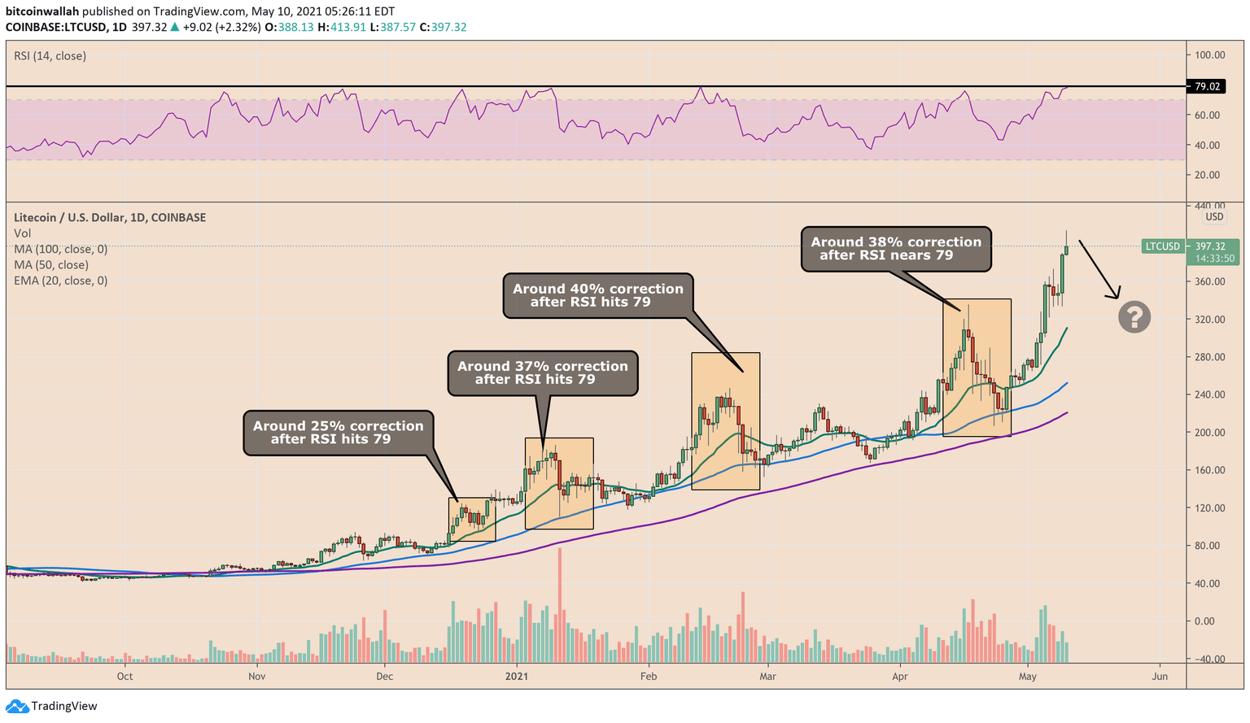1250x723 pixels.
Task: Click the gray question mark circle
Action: (x=1134, y=316)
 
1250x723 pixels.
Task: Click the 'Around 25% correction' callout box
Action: (x=338, y=433)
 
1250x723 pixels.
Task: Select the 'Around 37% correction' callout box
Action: (x=543, y=373)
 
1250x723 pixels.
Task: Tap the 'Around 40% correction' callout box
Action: (x=598, y=295)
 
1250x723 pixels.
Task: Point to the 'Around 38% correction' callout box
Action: (x=896, y=249)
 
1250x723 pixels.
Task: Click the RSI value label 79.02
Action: (x=1208, y=86)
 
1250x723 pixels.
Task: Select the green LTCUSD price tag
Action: (x=1163, y=246)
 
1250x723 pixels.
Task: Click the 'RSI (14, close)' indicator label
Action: (x=50, y=56)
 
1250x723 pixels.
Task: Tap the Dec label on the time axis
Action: (x=385, y=676)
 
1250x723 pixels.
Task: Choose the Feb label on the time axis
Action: (x=649, y=676)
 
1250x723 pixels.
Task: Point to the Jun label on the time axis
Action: (x=1160, y=676)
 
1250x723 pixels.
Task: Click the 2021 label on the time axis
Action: (x=518, y=676)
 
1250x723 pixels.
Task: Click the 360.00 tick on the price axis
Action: (x=1210, y=281)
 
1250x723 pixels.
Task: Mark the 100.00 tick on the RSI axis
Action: (x=1210, y=55)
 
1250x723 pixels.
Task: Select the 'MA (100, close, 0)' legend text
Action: (x=60, y=249)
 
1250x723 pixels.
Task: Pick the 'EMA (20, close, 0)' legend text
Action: (x=60, y=281)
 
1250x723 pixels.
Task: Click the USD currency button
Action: (x=1214, y=217)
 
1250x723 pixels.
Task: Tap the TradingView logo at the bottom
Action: (x=53, y=706)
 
